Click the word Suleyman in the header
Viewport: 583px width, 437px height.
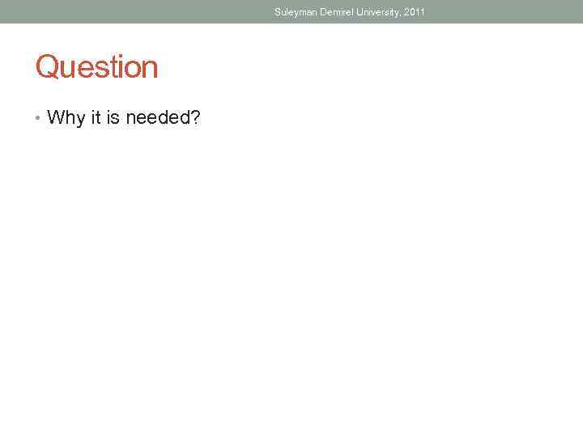pos(295,12)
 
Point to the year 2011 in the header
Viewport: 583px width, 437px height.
pos(413,12)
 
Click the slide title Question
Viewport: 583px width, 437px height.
pos(96,67)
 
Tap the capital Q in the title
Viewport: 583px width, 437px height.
pos(46,67)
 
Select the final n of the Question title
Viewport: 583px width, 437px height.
pos(150,69)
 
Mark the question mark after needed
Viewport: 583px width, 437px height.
pos(195,118)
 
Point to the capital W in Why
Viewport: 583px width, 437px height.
pos(55,118)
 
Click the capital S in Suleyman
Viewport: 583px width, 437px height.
pos(277,12)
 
